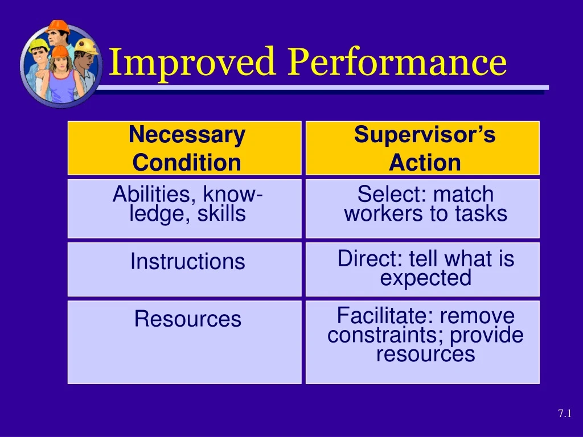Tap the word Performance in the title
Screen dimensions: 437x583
point(397,62)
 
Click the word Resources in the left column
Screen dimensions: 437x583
point(187,319)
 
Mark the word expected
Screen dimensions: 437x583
point(425,278)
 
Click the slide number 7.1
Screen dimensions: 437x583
point(564,414)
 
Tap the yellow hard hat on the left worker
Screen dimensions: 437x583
point(38,44)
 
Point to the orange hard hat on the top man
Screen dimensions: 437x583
point(58,26)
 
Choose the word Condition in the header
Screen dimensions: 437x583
point(187,163)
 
